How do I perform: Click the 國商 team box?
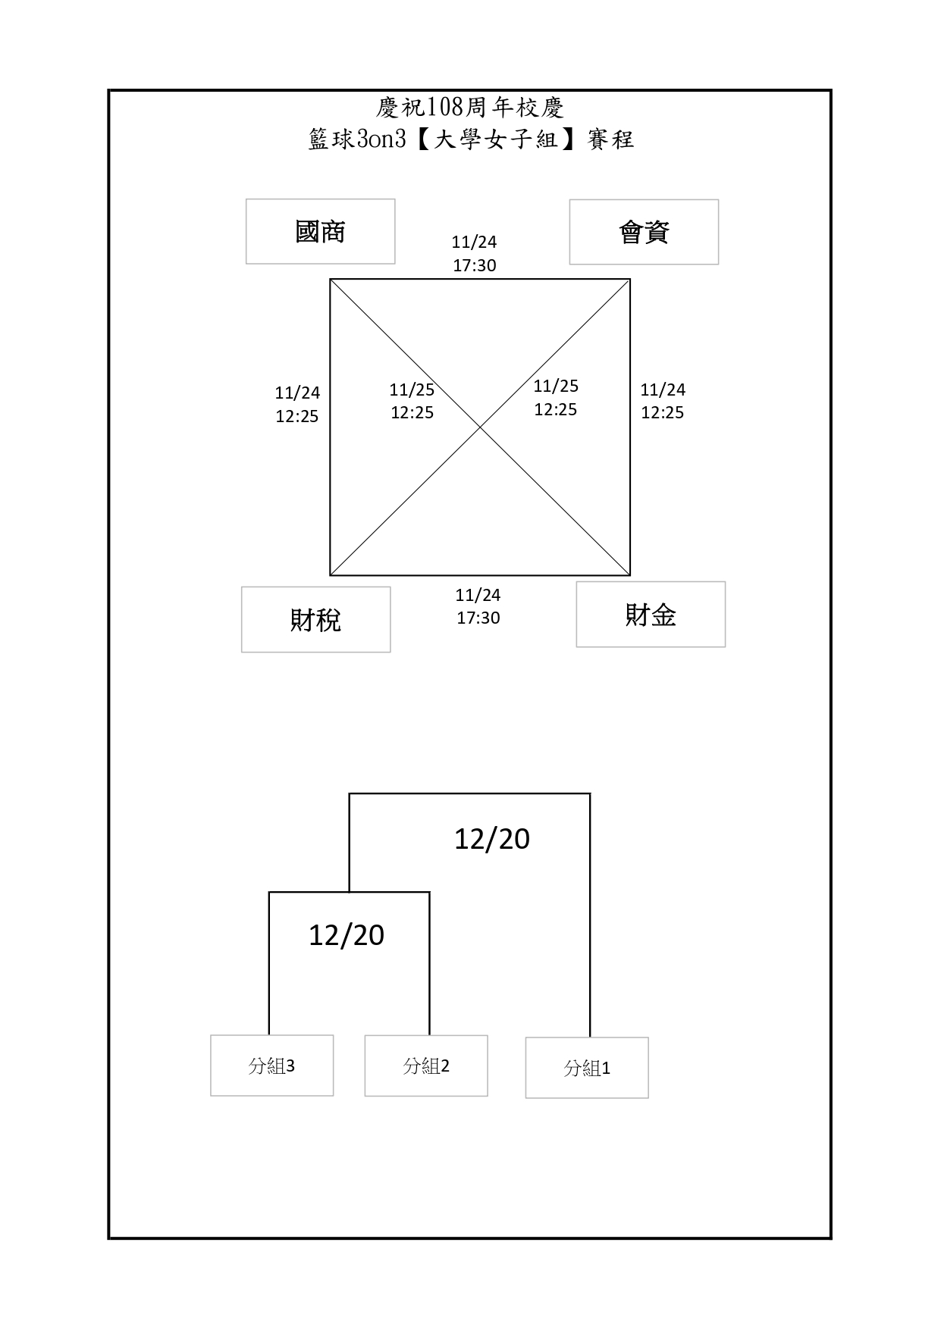[320, 232]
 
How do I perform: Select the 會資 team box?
[644, 232]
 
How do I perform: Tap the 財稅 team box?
[315, 619]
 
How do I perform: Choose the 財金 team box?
[651, 615]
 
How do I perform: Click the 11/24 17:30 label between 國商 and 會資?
[475, 253]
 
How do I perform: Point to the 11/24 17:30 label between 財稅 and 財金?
[478, 606]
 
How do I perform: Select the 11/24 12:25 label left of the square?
[297, 404]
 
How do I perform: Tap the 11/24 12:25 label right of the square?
[663, 401]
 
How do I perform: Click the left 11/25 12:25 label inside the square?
[412, 401]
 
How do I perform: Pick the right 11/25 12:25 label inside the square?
[556, 398]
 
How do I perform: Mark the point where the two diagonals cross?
[480, 427]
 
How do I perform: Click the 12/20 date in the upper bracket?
[492, 839]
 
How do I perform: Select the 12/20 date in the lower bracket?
[347, 935]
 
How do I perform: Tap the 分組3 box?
[271, 1066]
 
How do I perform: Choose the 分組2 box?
[426, 1066]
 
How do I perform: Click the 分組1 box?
[587, 1068]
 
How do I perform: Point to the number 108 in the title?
[445, 108]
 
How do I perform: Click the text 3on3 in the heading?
[381, 139]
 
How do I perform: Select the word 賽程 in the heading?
[610, 139]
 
